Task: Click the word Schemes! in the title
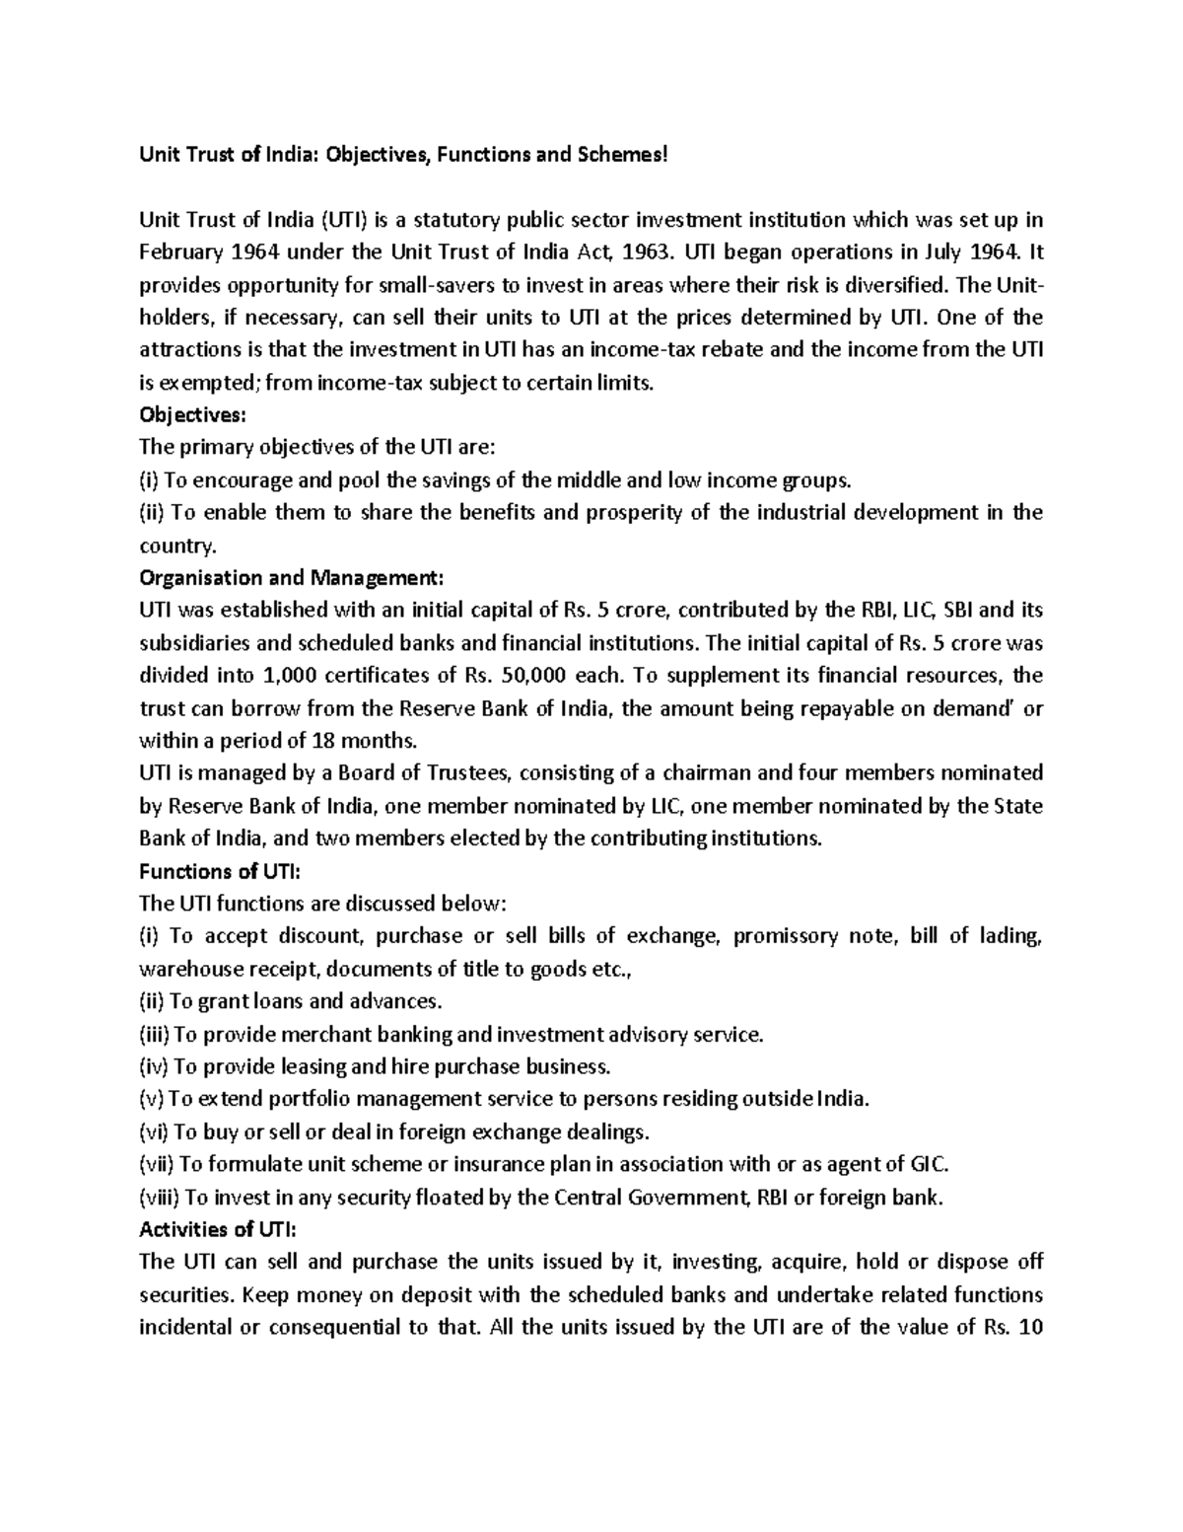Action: pos(623,155)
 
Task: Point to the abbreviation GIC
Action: pos(928,1164)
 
